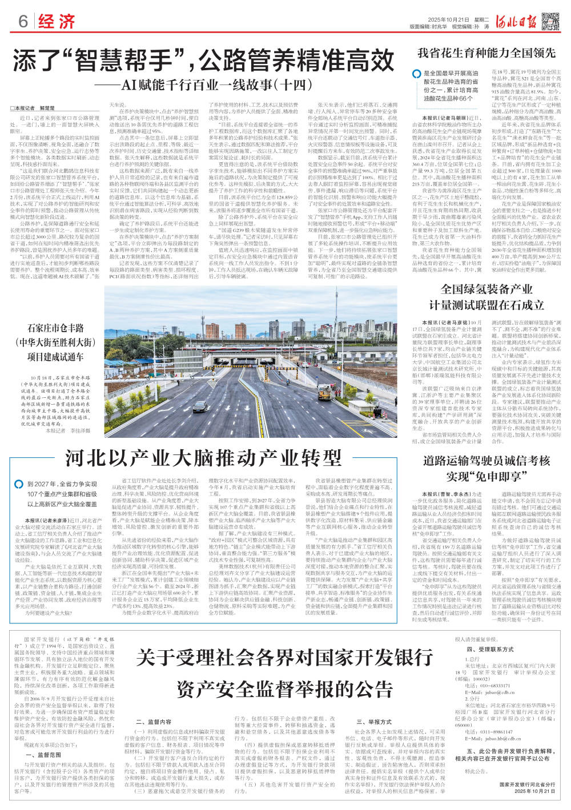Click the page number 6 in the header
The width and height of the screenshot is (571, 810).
coord(23,21)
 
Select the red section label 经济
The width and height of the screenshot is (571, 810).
coord(57,22)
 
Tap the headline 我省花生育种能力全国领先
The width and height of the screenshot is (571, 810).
coord(486,53)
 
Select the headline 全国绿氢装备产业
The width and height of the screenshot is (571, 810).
coord(486,289)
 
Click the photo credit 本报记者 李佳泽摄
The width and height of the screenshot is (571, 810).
coord(68,430)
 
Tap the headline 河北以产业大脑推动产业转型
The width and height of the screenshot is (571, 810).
coord(203,457)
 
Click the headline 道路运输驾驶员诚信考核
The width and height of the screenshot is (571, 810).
coord(486,461)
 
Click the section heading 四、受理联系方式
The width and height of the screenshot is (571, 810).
coord(490,650)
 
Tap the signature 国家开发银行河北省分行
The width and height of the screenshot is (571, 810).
coord(527,785)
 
